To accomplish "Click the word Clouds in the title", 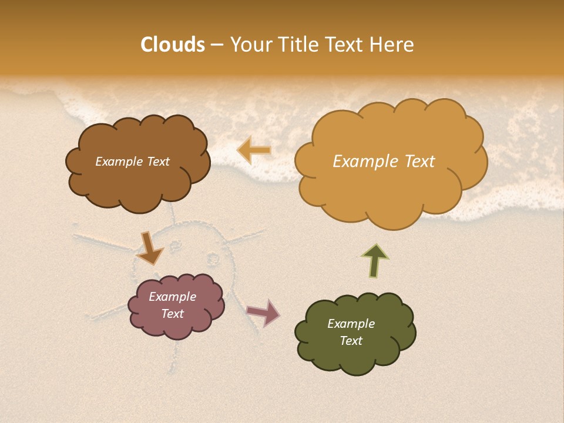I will (x=173, y=45).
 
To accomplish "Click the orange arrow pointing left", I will (x=254, y=150).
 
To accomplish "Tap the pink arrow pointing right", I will (x=264, y=313).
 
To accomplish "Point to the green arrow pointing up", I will (x=375, y=260).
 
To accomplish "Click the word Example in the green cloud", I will (x=351, y=324).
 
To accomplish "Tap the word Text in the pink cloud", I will (x=173, y=314).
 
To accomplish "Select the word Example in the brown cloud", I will (x=118, y=162).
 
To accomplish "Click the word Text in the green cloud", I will (x=351, y=341).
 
